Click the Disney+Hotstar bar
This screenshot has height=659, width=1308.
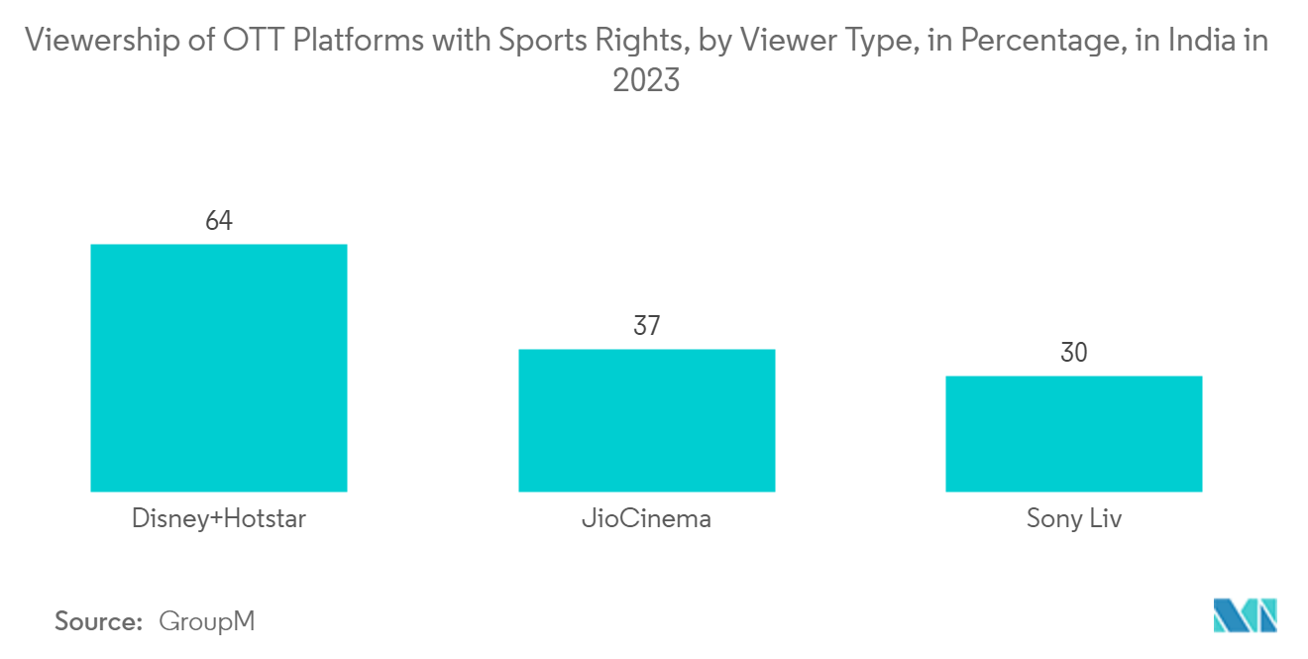click(x=218, y=368)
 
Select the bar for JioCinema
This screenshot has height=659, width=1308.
click(x=646, y=420)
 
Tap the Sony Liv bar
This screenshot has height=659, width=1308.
click(x=1073, y=433)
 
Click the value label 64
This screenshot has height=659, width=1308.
click(x=218, y=221)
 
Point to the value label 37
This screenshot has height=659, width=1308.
click(x=646, y=326)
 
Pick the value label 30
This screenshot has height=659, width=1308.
click(x=1073, y=353)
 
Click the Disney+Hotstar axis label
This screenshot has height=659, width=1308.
click(x=218, y=519)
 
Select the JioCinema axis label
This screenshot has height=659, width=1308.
click(x=646, y=519)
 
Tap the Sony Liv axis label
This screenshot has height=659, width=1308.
click(x=1073, y=519)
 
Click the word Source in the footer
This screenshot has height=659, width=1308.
click(x=98, y=621)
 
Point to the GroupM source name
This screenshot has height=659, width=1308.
click(x=207, y=621)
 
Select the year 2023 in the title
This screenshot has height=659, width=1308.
click(x=646, y=80)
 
